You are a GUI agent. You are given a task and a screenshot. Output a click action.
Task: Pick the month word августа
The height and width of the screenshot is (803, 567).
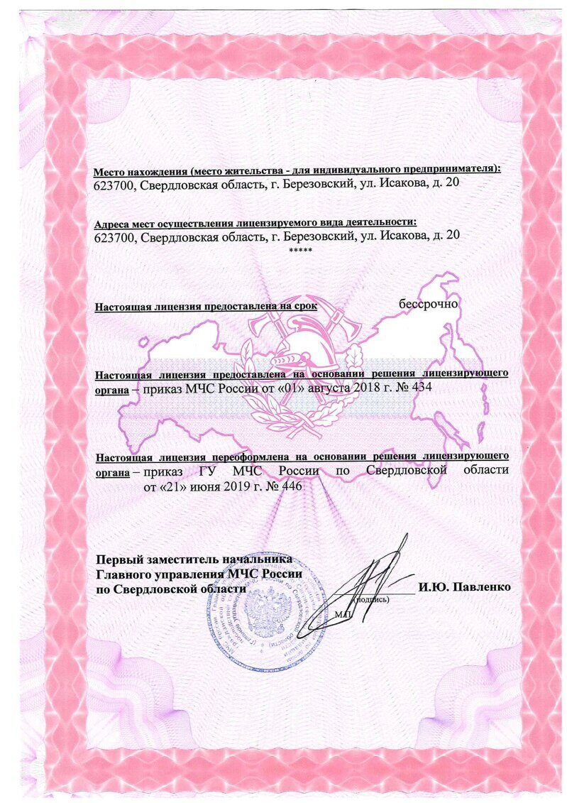(x=314, y=388)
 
